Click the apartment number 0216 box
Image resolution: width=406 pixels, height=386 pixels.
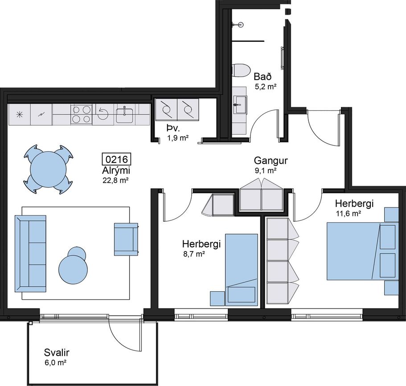click(x=117, y=159)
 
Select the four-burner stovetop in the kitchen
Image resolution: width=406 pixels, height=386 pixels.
click(x=82, y=114)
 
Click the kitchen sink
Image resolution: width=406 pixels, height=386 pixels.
click(x=124, y=115)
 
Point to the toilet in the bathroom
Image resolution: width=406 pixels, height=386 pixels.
click(x=241, y=70)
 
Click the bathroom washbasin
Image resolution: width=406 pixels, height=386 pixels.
click(x=240, y=105)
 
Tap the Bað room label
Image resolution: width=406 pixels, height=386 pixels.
click(x=262, y=77)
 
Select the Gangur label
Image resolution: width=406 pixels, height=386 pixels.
click(x=271, y=161)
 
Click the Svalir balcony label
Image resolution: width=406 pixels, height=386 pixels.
click(x=57, y=352)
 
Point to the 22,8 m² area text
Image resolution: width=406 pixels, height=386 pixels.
click(x=116, y=180)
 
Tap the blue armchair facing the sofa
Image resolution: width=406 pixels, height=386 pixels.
click(x=126, y=240)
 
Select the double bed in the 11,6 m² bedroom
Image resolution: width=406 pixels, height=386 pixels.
click(x=362, y=251)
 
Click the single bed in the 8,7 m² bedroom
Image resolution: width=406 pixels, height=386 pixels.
click(x=241, y=270)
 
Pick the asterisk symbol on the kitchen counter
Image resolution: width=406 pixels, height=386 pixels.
click(x=20, y=114)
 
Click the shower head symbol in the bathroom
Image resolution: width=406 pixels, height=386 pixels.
click(x=239, y=25)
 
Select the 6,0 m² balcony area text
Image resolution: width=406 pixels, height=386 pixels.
click(x=56, y=363)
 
